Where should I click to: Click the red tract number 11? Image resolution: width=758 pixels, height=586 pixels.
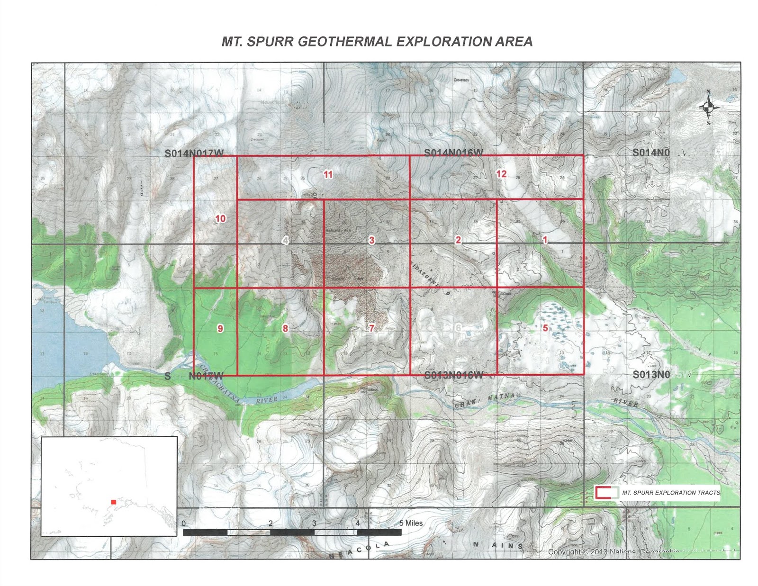coord(328,174)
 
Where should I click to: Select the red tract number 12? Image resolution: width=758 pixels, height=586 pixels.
coord(501,174)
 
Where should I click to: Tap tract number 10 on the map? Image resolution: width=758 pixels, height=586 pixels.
coord(221,218)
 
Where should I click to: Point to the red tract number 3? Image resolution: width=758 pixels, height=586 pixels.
coord(372,240)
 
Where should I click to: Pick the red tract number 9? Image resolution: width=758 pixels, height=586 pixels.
coord(220,328)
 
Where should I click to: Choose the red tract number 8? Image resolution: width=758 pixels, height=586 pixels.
coord(285,328)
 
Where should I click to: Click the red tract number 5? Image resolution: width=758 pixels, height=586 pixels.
coord(545,328)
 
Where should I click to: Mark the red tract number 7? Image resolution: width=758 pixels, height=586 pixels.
coord(372,328)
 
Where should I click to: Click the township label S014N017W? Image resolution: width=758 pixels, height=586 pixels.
coord(194,153)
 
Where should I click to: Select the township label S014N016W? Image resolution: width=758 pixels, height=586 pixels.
coord(453,153)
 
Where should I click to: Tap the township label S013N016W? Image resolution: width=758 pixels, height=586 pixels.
coord(453,375)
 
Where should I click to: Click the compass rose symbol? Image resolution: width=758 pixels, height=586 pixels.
coord(709,107)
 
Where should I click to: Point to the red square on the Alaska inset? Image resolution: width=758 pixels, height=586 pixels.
coord(114,502)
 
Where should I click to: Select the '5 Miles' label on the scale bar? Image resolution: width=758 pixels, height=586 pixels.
coord(411,523)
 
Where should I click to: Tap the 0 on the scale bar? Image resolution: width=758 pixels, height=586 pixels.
coord(184,523)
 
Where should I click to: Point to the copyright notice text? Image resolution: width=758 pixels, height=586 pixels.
coord(614,552)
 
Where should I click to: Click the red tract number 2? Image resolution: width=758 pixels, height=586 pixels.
coord(458,240)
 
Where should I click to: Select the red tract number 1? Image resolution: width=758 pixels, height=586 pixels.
coord(545,240)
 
